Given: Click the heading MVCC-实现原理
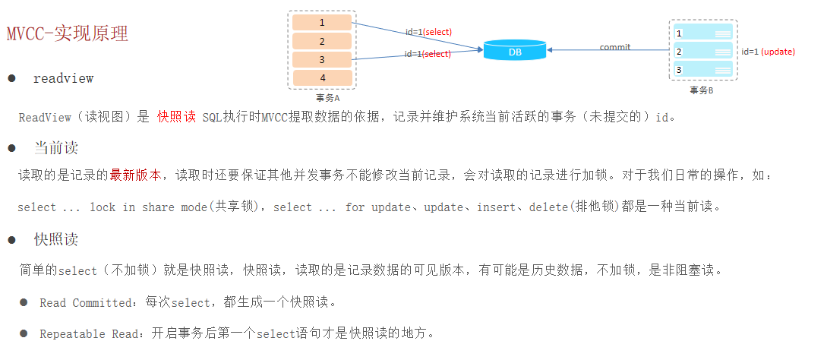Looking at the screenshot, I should pyautogui.click(x=67, y=33).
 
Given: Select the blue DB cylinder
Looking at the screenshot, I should pyautogui.click(x=515, y=51).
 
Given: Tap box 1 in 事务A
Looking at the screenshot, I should pyautogui.click(x=322, y=23).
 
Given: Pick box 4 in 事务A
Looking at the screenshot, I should pyautogui.click(x=322, y=77).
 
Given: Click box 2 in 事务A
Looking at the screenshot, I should pyautogui.click(x=322, y=41).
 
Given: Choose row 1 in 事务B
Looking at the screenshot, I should pyautogui.click(x=702, y=33).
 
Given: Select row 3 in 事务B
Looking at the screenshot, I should pyautogui.click(x=702, y=70).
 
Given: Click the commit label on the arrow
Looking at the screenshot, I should pyautogui.click(x=614, y=47).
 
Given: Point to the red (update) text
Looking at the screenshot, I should pyautogui.click(x=778, y=52).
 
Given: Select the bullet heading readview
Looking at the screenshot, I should pyautogui.click(x=63, y=78).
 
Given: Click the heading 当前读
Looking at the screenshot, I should pyautogui.click(x=55, y=147).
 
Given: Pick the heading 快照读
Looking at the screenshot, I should pyautogui.click(x=55, y=240).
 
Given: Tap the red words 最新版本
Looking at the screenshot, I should pyautogui.click(x=135, y=175).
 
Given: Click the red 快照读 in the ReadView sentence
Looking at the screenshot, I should pyautogui.click(x=176, y=118).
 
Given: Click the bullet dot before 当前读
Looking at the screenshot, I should pyautogui.click(x=11, y=147).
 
